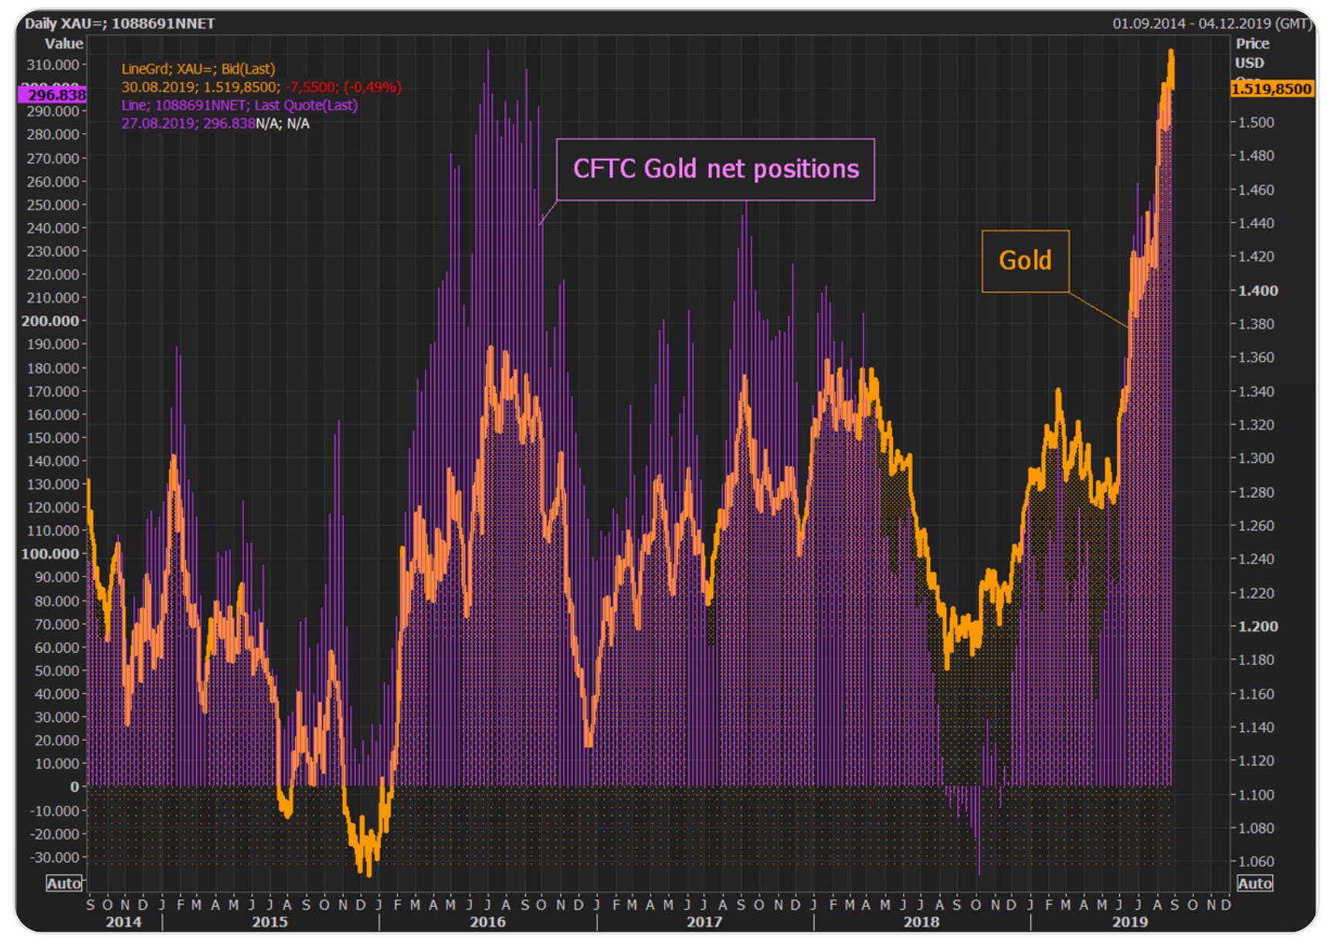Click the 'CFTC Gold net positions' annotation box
point(715,169)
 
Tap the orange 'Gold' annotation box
point(1025,261)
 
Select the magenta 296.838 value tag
point(53,95)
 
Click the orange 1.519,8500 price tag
point(1271,89)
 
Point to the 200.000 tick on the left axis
point(50,321)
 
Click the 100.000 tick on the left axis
point(50,554)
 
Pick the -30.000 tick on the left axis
point(54,857)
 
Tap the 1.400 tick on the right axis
point(1258,291)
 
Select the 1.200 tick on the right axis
point(1258,627)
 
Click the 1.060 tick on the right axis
point(1256,861)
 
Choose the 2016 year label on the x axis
point(487,922)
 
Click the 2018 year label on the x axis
point(921,922)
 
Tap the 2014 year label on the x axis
point(124,922)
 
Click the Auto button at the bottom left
point(63,884)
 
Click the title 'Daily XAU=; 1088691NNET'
point(120,23)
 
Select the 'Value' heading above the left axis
point(63,44)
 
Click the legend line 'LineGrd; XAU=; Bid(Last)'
point(198,70)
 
